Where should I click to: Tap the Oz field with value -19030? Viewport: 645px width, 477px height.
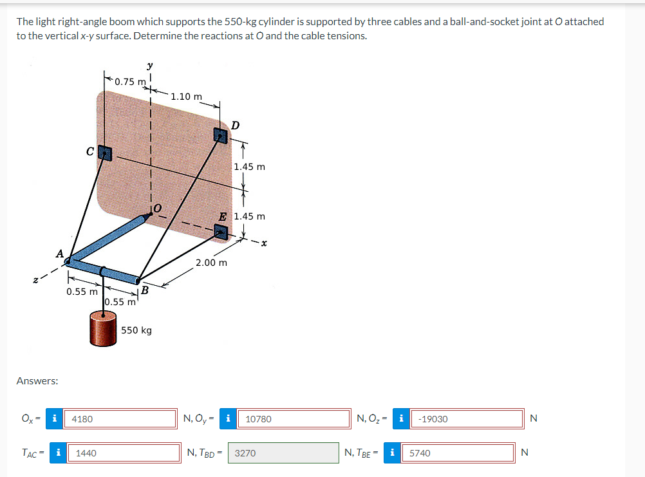(467, 419)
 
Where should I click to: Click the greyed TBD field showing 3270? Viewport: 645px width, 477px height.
(283, 453)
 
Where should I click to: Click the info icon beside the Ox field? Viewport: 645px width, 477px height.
(56, 419)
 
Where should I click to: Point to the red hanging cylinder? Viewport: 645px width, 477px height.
(103, 330)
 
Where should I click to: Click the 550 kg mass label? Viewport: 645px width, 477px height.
(136, 330)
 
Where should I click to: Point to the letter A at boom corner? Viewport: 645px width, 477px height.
(59, 254)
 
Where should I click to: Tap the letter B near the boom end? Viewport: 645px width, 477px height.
(145, 291)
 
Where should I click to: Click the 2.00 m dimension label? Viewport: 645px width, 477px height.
(211, 263)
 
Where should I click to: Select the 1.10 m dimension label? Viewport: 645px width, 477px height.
(187, 97)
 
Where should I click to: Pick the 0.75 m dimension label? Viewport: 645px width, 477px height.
(129, 82)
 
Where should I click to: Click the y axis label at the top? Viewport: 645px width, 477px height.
(149, 66)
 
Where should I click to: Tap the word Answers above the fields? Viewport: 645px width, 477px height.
(37, 381)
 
